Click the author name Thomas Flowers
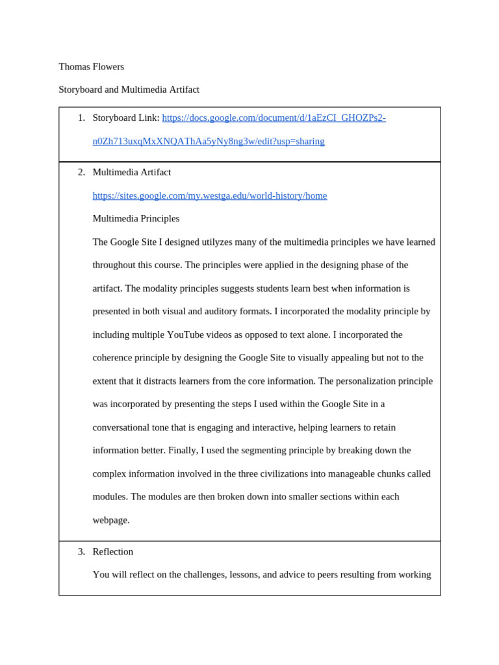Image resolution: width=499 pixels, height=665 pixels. pos(91,67)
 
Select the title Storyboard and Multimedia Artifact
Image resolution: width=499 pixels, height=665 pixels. pos(129,90)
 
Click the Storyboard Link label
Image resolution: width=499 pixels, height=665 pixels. pos(125,118)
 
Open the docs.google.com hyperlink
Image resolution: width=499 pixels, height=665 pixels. pos(274,118)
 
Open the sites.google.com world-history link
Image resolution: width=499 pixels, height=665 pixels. pos(210,195)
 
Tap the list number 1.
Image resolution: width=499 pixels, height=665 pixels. pos(81,118)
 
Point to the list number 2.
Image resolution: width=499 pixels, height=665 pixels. pos(81,172)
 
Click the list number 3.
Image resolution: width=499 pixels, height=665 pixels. pos(81,551)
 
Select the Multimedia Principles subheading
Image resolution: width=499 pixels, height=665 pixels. pos(136,219)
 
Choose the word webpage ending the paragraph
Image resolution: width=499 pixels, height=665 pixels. pos(111,520)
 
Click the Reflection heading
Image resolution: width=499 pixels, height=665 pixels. pos(113,551)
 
